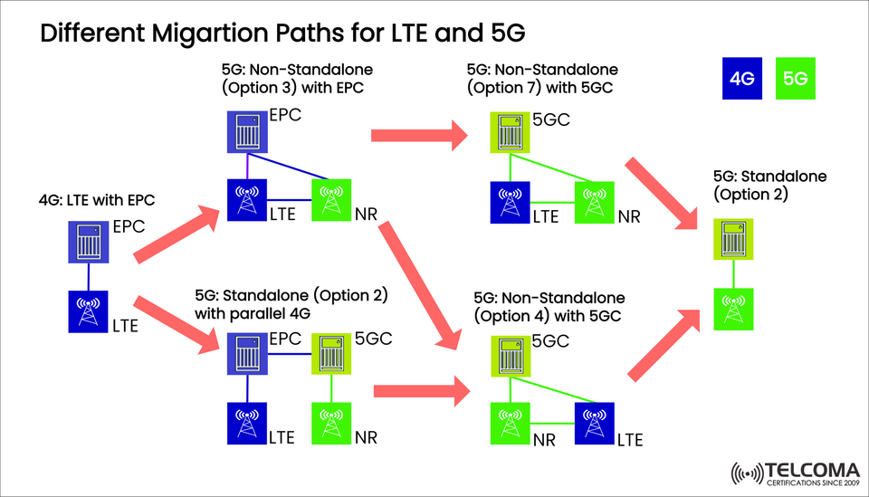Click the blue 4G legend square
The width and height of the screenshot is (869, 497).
pos(742,79)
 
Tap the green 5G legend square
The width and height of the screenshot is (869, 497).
pos(797,79)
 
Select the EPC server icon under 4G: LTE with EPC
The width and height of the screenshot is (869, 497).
pos(90,244)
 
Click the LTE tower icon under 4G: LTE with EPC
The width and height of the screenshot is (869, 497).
pos(90,311)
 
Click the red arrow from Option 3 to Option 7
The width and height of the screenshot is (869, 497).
pos(417,136)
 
